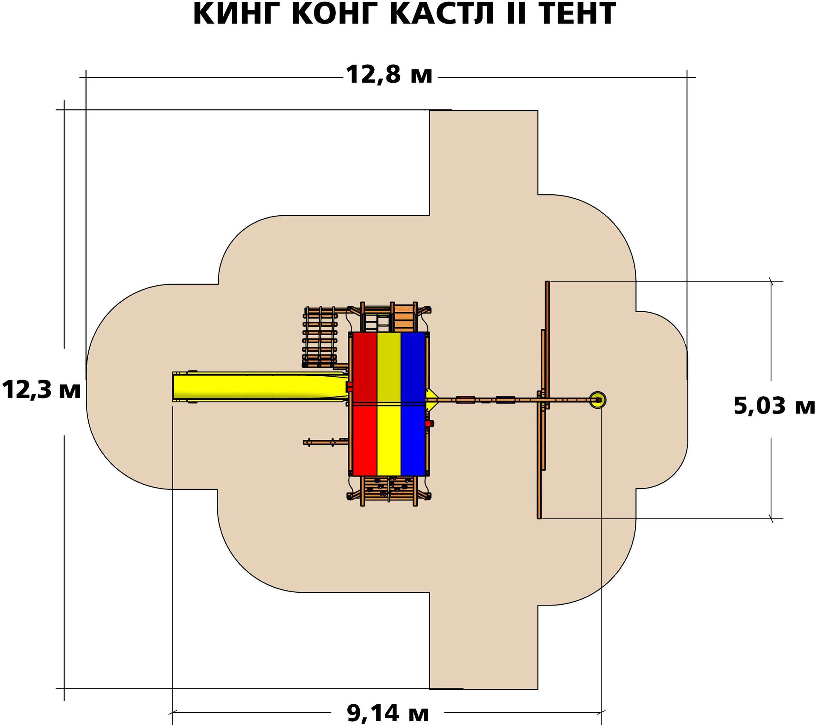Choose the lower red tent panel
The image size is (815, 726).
364,440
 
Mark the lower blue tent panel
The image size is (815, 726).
413,440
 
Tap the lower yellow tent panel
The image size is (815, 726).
389,440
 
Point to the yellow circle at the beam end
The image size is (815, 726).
597,400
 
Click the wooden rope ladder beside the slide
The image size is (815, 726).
320,337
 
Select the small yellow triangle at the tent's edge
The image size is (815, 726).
431,398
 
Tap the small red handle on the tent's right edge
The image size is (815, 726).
429,423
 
